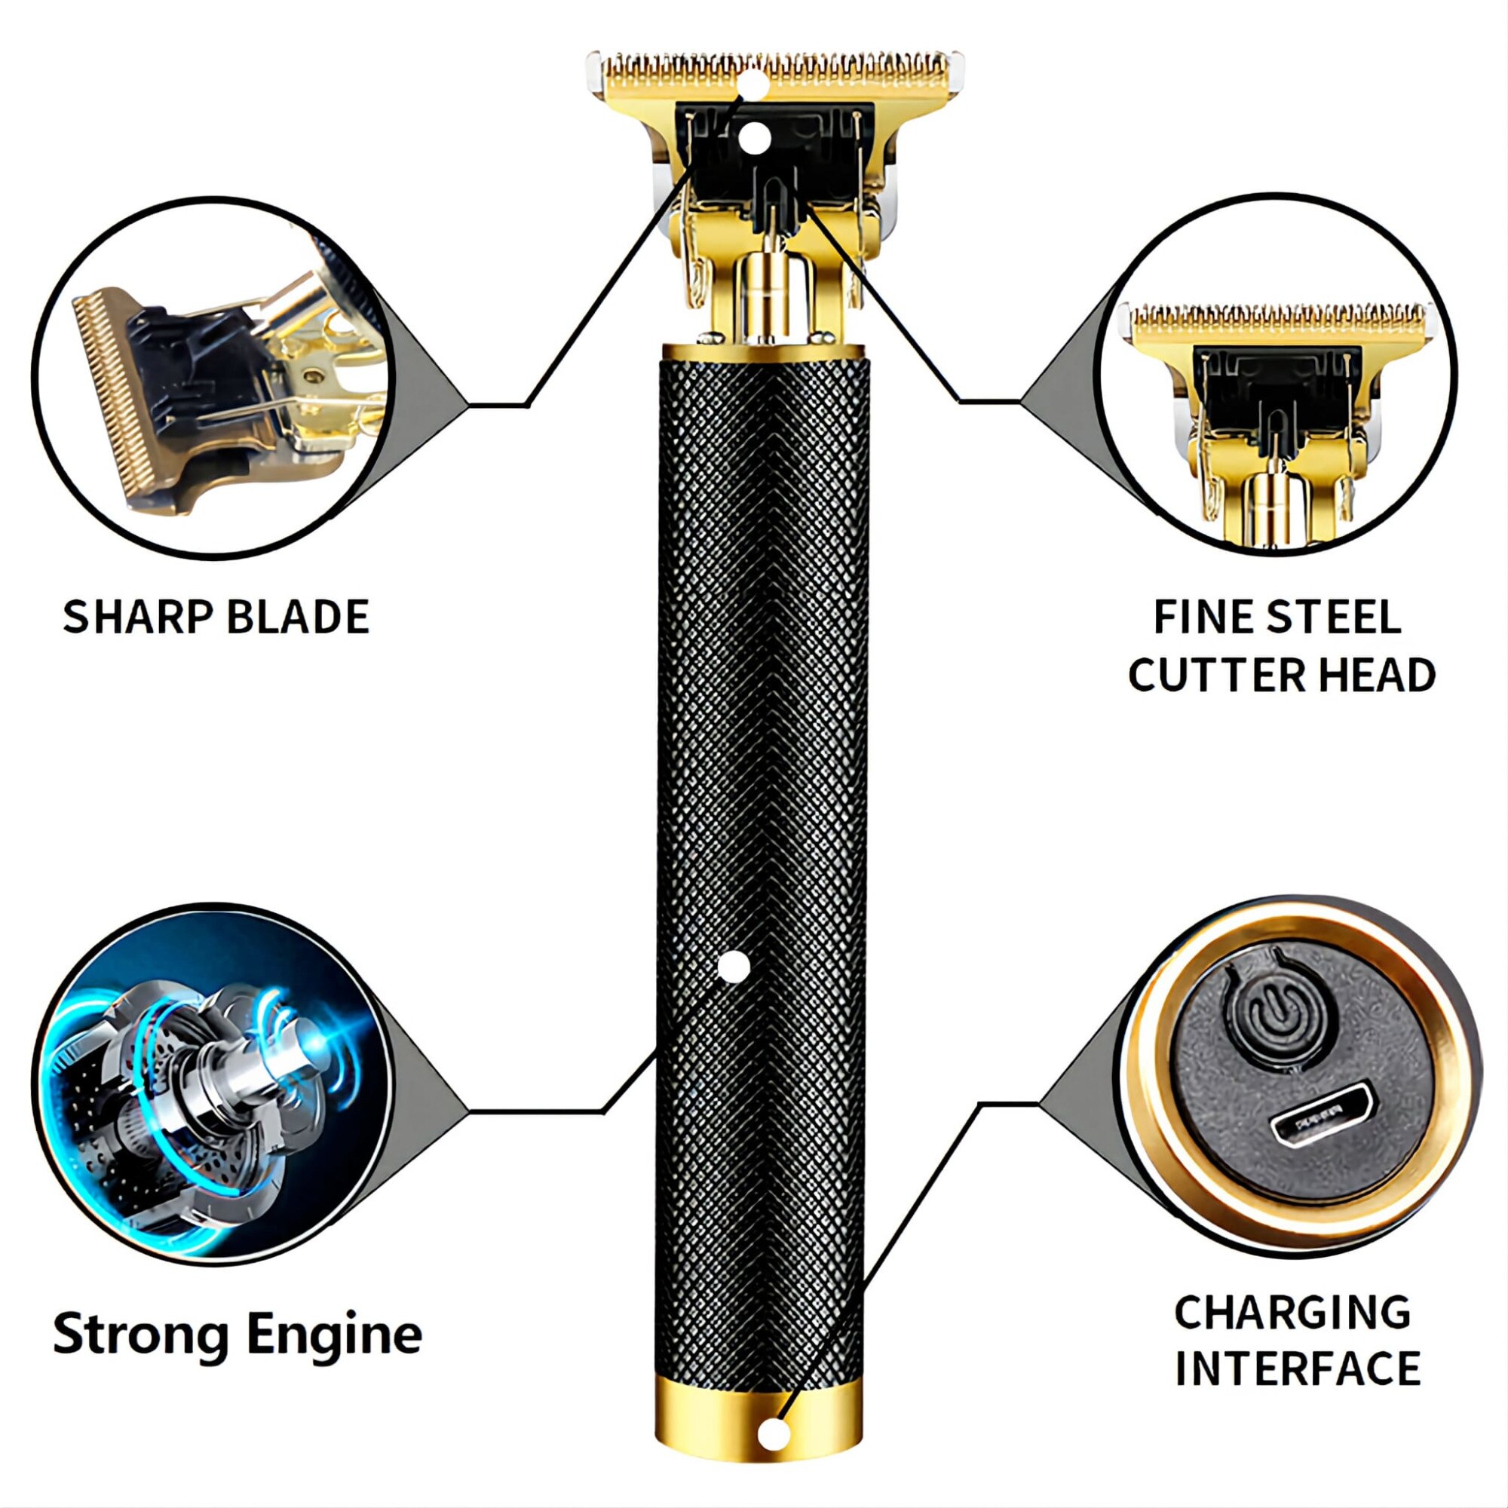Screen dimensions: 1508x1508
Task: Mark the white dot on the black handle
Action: (x=733, y=968)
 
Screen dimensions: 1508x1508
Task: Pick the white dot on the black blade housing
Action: (x=753, y=138)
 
